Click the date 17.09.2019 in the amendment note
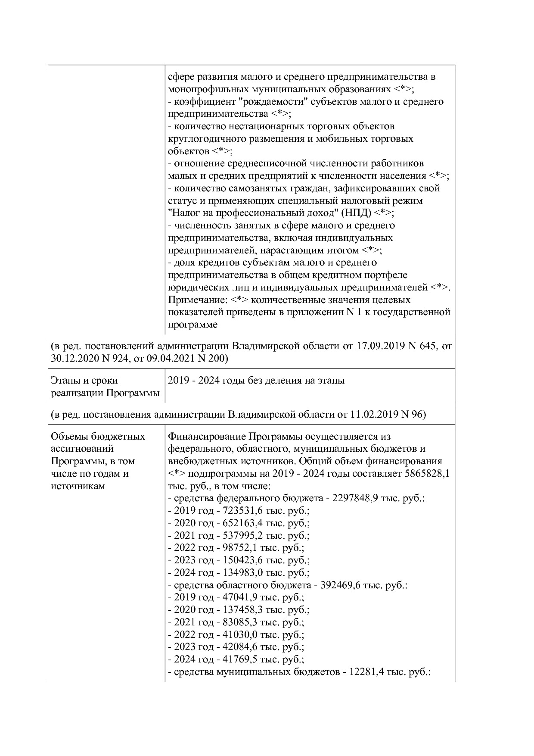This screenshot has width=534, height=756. [x=379, y=346]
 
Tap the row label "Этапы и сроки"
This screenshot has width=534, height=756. [x=84, y=381]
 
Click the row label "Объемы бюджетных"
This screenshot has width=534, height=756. [x=98, y=436]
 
